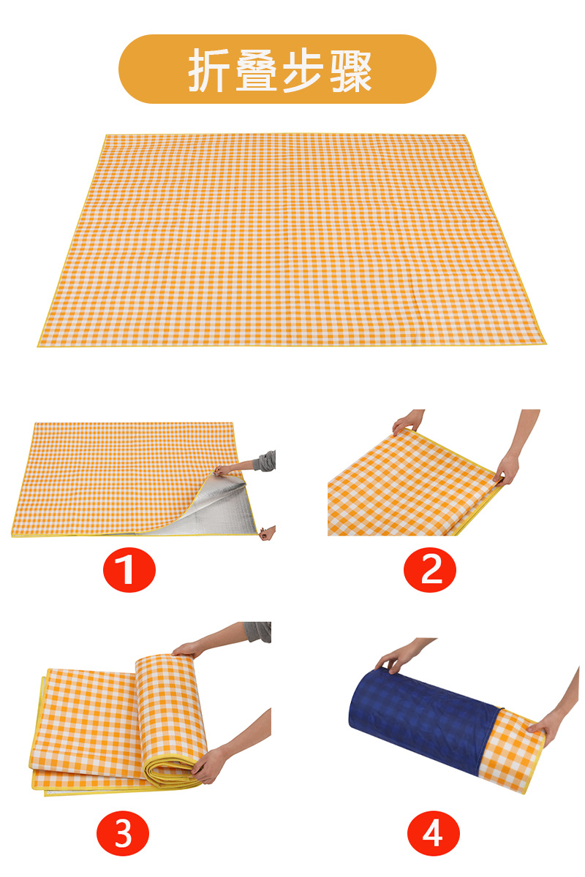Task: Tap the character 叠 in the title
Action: pyautogui.click(x=257, y=70)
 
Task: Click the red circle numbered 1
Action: pyautogui.click(x=129, y=569)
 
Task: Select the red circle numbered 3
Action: pyautogui.click(x=123, y=832)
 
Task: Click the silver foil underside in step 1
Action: pyautogui.click(x=212, y=512)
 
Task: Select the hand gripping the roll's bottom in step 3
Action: pyautogui.click(x=208, y=764)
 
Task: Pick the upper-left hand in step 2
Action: pyautogui.click(x=406, y=422)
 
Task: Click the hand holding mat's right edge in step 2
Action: pyautogui.click(x=506, y=468)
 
